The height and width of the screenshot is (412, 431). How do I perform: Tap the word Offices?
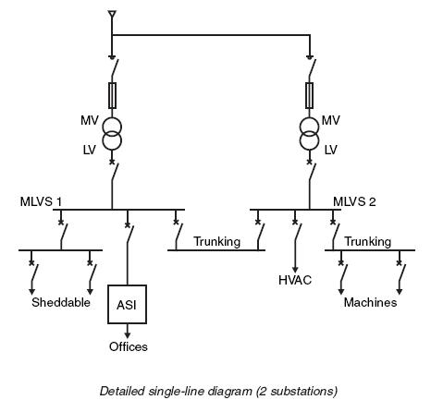pyautogui.click(x=129, y=346)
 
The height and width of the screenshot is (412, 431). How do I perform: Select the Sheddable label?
pyautogui.click(x=61, y=302)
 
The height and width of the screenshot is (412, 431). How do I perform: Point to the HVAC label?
pyautogui.click(x=295, y=280)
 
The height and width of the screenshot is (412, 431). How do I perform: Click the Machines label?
pyautogui.click(x=370, y=302)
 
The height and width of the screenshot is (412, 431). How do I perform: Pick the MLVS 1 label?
pyautogui.click(x=41, y=202)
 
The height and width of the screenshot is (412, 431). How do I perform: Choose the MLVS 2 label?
pyautogui.click(x=354, y=202)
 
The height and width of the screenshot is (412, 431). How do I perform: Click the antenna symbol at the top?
pyautogui.click(x=112, y=15)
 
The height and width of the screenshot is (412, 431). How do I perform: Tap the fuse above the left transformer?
pyautogui.click(x=113, y=95)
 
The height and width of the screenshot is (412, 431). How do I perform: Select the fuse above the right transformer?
pyautogui.click(x=310, y=95)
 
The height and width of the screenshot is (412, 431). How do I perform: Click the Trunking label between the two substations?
pyautogui.click(x=217, y=242)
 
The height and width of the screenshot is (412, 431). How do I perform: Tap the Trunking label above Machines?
pyautogui.click(x=368, y=242)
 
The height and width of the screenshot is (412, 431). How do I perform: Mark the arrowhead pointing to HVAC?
pyautogui.click(x=295, y=271)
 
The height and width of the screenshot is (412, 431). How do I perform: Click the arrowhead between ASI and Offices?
pyautogui.click(x=127, y=335)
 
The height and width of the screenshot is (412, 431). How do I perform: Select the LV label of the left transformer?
pyautogui.click(x=90, y=150)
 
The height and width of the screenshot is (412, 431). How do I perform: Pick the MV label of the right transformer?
pyautogui.click(x=331, y=120)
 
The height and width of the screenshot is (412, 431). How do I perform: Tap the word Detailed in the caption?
pyautogui.click(x=122, y=392)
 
